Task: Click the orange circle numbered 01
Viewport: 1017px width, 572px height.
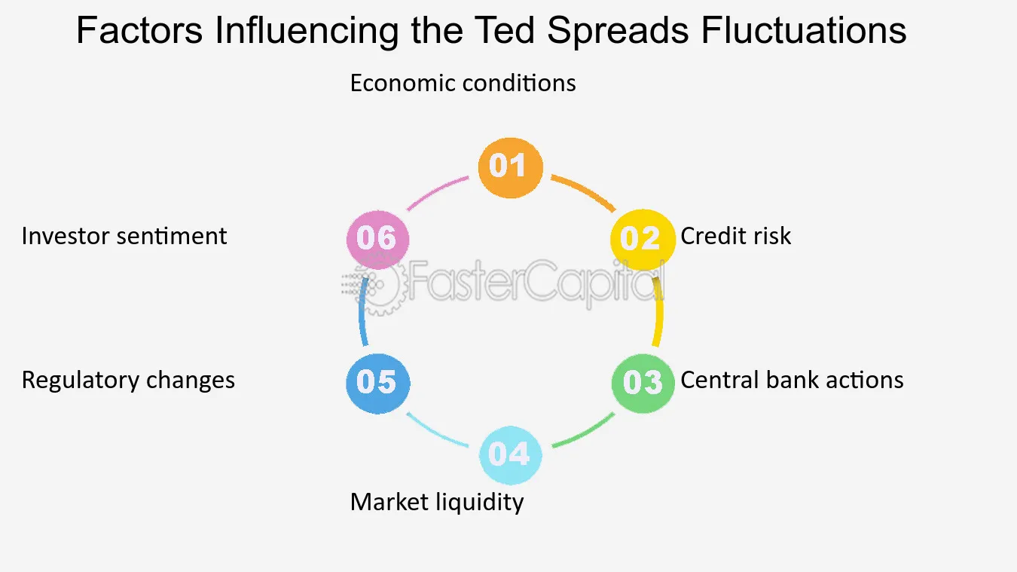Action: [x=510, y=167]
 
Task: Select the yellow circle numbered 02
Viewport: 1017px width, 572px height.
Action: [x=643, y=240]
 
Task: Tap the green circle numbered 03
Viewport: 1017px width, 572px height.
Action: [x=643, y=383]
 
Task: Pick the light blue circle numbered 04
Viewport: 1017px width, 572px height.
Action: [x=510, y=454]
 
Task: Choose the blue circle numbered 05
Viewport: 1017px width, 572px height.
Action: [x=377, y=384]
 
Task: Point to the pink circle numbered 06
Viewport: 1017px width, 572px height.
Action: [x=377, y=240]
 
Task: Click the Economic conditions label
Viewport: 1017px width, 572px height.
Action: [x=463, y=83]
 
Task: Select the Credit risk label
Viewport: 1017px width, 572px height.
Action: [x=735, y=236]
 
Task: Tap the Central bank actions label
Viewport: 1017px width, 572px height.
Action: [x=792, y=380]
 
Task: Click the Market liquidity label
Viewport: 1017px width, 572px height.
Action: [x=437, y=503]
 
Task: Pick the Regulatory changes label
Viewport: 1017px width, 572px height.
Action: [x=129, y=381]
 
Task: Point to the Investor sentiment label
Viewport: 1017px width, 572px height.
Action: [x=124, y=236]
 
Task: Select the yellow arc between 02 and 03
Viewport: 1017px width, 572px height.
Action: [x=659, y=312]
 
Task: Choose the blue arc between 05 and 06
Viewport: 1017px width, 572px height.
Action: [x=362, y=312]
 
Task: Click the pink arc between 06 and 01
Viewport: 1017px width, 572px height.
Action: [x=436, y=191]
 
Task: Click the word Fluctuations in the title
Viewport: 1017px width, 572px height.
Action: [x=804, y=30]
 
